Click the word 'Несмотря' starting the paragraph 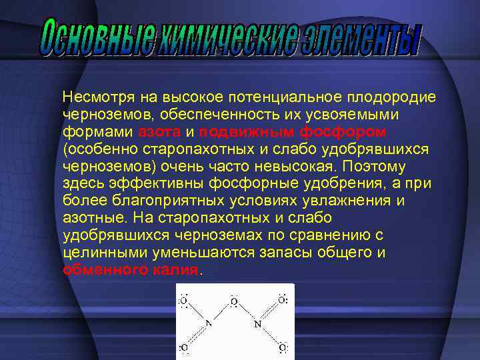[x=95, y=97]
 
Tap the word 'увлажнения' [x=356, y=201]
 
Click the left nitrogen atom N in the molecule [x=208, y=324]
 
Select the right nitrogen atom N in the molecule [x=257, y=324]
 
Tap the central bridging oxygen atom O [x=233, y=302]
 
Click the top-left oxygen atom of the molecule [x=184, y=301]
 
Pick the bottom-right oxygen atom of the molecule [x=283, y=347]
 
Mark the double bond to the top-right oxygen [x=270, y=312]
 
